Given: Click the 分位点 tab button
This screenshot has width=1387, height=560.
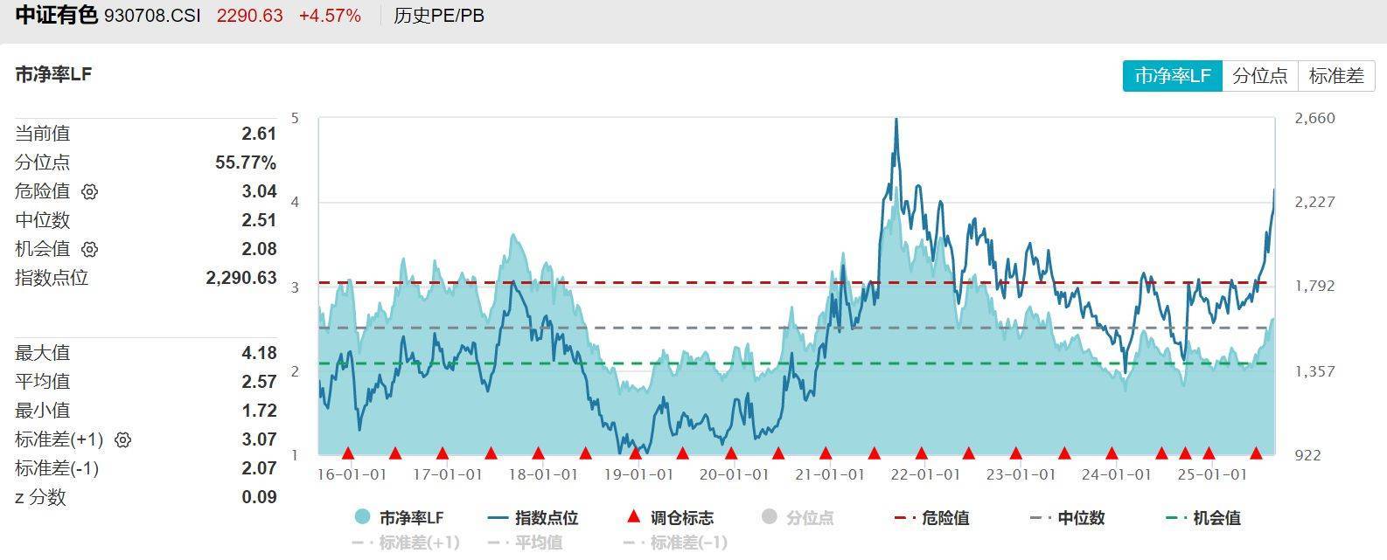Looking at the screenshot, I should tap(1260, 76).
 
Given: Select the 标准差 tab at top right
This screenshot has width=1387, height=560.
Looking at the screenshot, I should tap(1336, 76).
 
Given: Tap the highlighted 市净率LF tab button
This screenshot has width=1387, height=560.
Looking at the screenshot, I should tap(1173, 76).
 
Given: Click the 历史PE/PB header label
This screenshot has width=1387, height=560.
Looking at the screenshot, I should tap(439, 16).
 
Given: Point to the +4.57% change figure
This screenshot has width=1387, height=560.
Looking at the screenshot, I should tap(330, 16).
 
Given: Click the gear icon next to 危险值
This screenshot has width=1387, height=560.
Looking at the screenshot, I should tap(90, 191).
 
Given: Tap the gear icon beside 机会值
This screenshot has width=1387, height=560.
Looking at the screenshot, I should tap(90, 249).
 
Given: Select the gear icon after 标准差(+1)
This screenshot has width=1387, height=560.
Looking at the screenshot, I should tap(123, 439).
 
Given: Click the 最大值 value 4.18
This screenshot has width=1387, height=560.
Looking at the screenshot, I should tap(259, 353).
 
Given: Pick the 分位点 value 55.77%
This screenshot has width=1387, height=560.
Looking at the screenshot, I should tap(246, 162).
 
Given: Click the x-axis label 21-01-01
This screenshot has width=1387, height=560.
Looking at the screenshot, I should tap(829, 474).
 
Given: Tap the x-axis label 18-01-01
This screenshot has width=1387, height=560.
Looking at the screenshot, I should tap(542, 474).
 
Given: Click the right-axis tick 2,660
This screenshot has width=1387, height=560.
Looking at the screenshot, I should tap(1314, 118).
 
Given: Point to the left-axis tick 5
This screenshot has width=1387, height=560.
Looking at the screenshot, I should tap(295, 118).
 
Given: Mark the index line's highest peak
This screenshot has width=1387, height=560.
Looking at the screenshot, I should tap(896, 120).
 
